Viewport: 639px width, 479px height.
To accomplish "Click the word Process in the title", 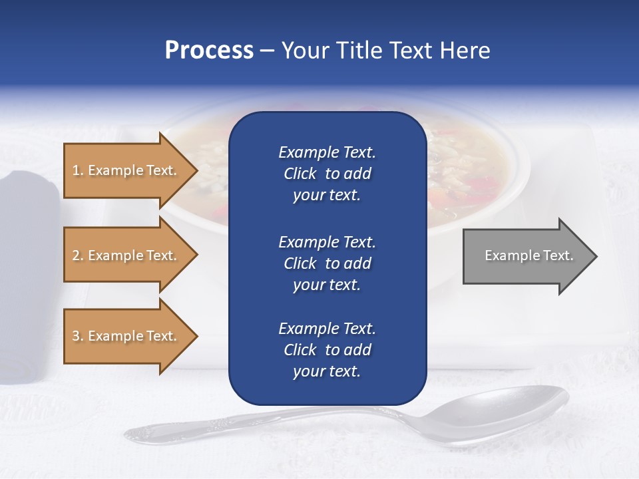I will point(209,50).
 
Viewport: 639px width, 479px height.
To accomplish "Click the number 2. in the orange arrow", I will point(78,255).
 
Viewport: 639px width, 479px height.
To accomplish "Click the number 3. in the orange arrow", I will point(78,336).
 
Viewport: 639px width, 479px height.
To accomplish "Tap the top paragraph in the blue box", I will point(327,174).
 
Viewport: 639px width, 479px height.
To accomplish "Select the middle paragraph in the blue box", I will point(327,263).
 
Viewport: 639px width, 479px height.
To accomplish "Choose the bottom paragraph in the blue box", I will point(327,350).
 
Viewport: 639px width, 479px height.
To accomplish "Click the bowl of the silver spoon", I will point(506,416).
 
